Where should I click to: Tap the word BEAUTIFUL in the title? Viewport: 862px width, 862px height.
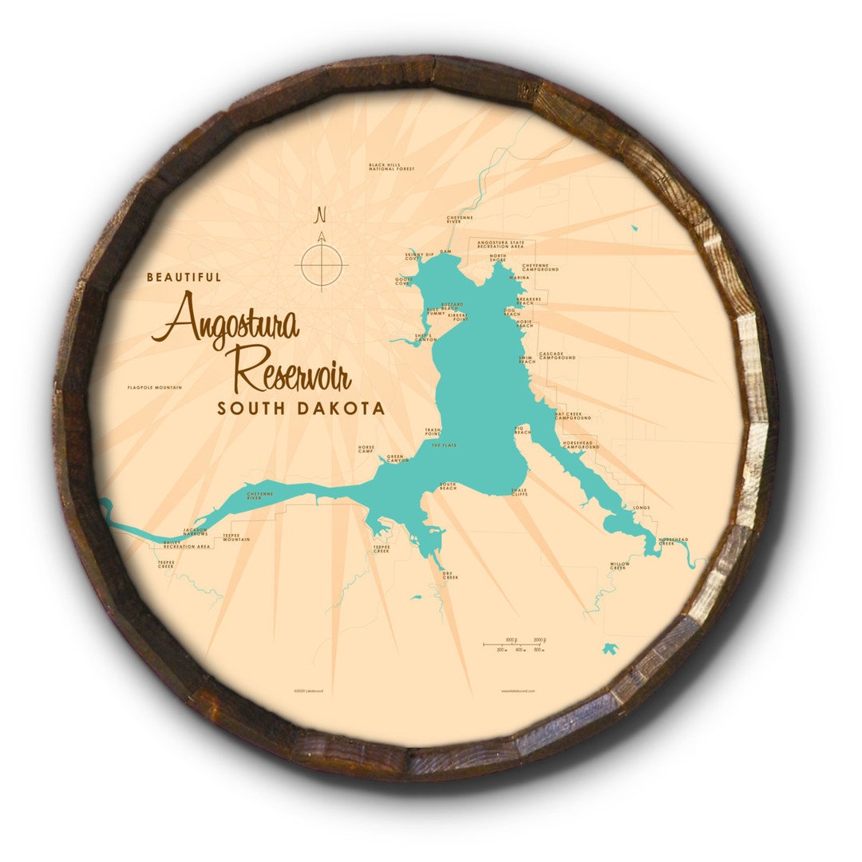coord(184,278)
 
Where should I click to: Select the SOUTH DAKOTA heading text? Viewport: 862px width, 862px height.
coord(301,409)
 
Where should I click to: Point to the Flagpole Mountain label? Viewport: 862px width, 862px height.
coord(154,388)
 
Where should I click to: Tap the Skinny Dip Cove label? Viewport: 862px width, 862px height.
coord(419,256)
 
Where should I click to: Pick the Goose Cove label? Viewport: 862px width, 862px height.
coord(403,281)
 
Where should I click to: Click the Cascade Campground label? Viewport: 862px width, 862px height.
coord(557,355)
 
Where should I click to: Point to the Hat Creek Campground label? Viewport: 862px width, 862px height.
coord(574,416)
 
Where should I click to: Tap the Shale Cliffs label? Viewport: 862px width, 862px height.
coord(520,492)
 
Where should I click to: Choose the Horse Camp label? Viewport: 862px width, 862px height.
coord(366,449)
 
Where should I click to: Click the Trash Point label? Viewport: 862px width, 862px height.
coord(433,432)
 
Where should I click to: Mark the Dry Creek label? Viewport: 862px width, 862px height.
coord(450,575)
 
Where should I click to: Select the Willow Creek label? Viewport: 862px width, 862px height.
coord(619,566)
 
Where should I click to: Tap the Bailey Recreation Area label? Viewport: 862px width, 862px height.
coord(186,545)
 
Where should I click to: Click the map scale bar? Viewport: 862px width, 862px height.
coord(515,645)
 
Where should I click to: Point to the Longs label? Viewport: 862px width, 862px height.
coord(641,508)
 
